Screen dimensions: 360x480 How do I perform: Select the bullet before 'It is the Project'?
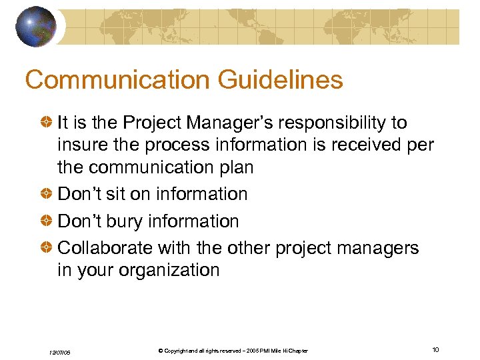(47, 123)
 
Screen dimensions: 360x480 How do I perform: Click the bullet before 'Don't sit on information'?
(47, 194)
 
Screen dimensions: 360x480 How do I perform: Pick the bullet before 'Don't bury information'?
(47, 221)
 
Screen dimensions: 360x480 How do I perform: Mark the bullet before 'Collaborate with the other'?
(47, 248)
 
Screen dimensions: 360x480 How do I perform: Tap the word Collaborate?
(105, 248)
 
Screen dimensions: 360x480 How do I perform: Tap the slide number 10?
(435, 350)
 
